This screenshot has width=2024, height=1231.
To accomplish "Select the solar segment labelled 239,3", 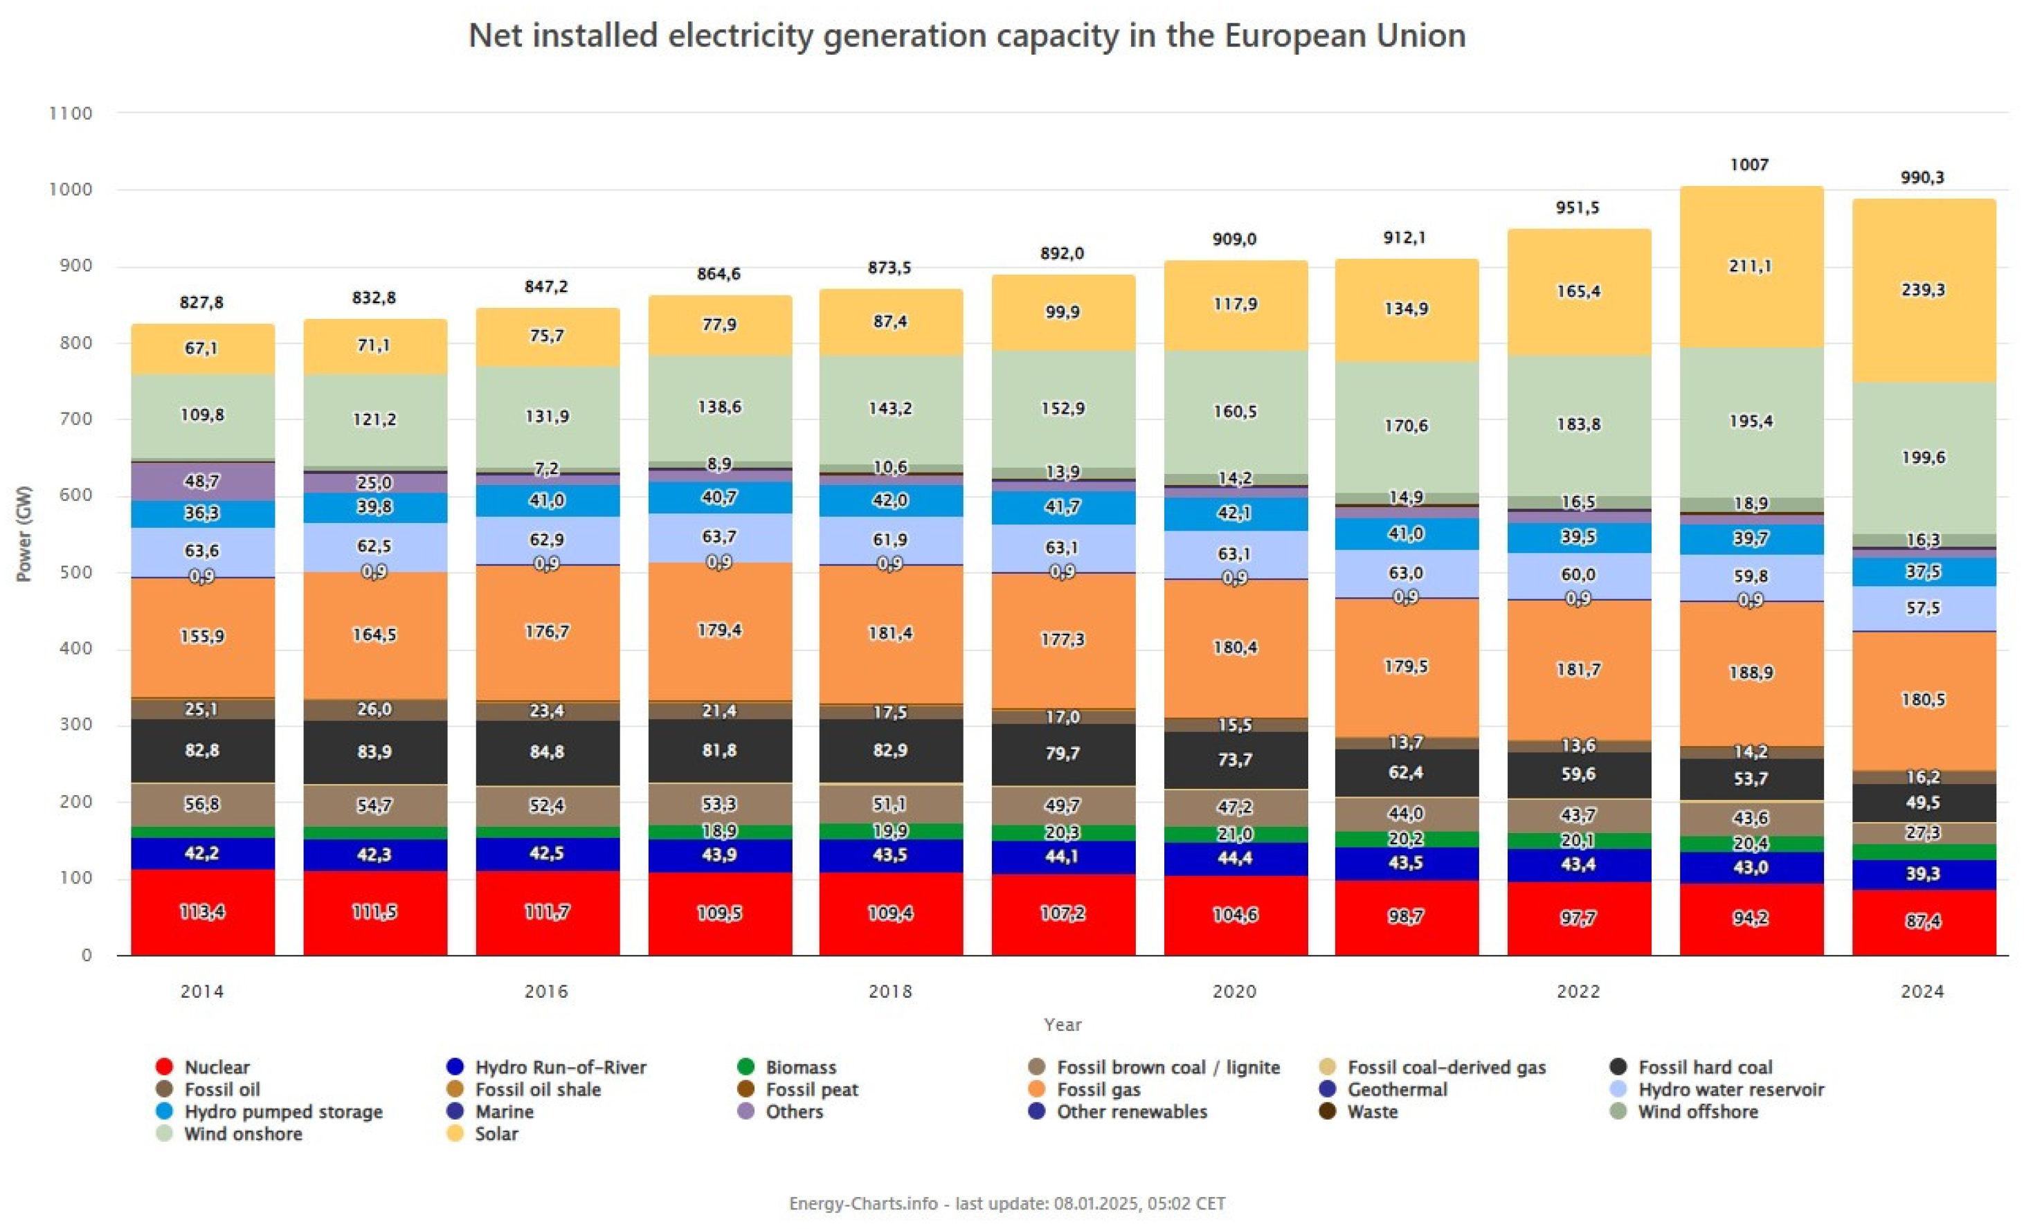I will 1922,290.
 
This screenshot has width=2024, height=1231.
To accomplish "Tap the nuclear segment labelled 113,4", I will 202,911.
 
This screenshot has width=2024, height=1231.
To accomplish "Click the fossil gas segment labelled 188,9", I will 1751,673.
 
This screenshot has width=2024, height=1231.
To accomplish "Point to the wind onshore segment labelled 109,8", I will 202,414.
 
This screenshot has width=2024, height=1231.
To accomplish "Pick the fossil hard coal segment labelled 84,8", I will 547,751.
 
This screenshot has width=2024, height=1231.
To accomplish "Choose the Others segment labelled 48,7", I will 202,481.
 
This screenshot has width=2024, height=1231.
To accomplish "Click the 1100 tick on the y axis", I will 71,113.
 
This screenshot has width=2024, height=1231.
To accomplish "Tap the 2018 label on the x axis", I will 890,991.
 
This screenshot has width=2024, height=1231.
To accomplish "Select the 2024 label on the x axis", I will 1922,991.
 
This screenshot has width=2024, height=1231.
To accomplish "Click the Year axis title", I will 1062,1024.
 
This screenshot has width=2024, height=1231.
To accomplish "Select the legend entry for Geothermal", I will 1396,1090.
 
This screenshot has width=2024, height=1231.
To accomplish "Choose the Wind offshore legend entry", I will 1697,1112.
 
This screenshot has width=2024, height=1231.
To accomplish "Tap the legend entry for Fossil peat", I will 811,1090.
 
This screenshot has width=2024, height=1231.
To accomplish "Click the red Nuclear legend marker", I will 164,1067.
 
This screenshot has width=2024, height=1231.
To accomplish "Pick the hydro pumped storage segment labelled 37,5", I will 1922,572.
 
